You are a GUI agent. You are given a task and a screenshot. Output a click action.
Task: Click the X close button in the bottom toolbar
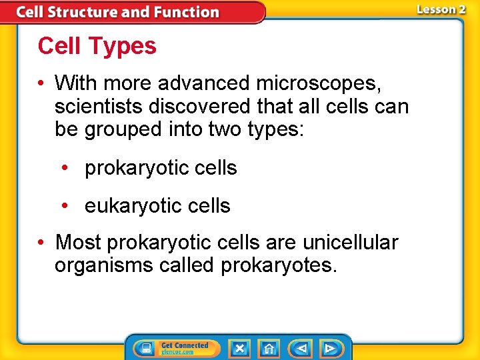(x=239, y=348)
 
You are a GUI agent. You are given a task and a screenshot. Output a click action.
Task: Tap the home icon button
(x=269, y=348)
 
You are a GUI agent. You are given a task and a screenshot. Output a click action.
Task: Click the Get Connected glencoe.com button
(x=173, y=348)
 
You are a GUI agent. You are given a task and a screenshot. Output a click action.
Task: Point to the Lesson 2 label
(x=441, y=9)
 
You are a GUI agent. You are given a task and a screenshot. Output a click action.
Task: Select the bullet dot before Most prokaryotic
(x=42, y=242)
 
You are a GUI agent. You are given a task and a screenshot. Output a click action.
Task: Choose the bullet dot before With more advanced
(x=42, y=83)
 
